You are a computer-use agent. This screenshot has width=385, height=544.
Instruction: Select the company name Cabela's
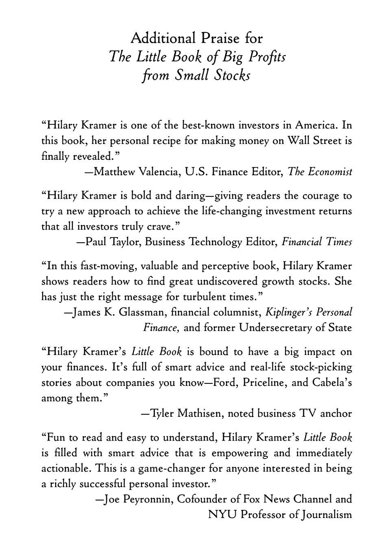click(x=332, y=383)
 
